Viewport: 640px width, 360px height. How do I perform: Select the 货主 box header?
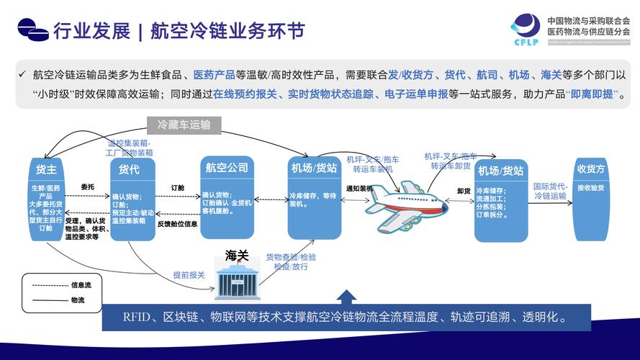click(x=46, y=169)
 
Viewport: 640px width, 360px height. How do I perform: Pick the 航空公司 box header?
click(x=227, y=168)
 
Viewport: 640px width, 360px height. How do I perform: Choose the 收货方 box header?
click(x=590, y=169)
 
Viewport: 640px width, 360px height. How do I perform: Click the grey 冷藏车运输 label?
click(x=184, y=125)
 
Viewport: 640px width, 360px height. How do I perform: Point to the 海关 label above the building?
click(x=237, y=256)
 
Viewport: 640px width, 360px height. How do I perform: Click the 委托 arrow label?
click(x=88, y=186)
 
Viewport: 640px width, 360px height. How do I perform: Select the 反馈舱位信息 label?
click(x=177, y=223)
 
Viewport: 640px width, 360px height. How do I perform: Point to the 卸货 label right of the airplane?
click(x=464, y=190)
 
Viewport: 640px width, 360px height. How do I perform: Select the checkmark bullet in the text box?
click(x=23, y=73)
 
